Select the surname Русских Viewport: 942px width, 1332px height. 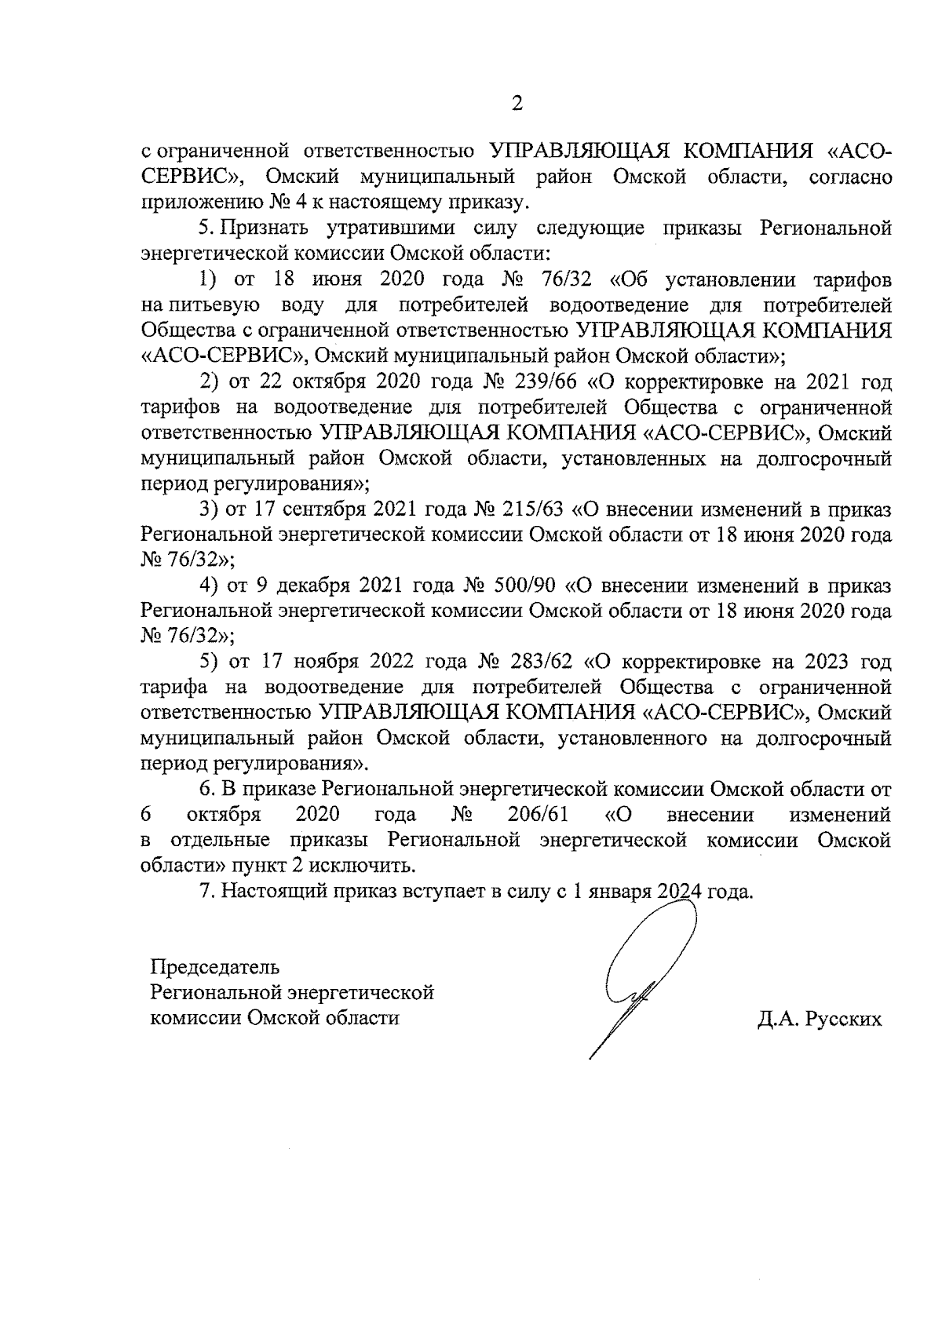[843, 1019]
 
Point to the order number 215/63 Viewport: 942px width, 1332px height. [531, 509]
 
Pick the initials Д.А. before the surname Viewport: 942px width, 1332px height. [777, 1019]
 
